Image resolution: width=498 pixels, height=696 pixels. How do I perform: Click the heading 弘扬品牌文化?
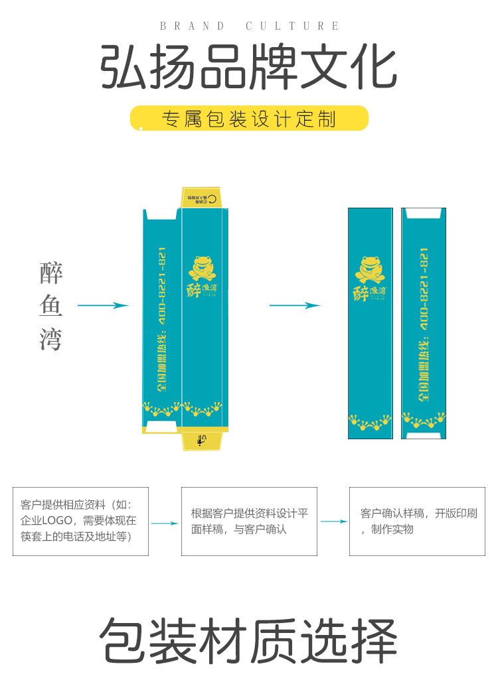pos(249,68)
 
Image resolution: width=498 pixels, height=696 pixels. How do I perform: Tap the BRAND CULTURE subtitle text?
pos(250,26)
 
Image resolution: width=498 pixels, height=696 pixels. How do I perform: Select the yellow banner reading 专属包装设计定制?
pos(249,119)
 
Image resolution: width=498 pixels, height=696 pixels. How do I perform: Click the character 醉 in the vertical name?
pos(51,273)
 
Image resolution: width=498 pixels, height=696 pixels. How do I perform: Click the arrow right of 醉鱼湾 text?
pos(103,305)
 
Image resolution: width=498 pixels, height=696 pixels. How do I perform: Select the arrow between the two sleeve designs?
pos(295,305)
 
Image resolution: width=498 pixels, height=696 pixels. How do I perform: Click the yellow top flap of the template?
pos(202,197)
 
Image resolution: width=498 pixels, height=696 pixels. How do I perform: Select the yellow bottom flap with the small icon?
pos(202,440)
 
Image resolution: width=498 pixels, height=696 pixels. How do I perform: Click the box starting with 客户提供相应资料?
pos(80,521)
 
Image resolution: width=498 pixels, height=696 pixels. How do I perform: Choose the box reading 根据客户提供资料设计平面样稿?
pos(249,521)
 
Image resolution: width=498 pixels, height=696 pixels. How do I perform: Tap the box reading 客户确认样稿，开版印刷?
pos(418,521)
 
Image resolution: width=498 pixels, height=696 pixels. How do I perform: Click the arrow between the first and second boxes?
pos(165,523)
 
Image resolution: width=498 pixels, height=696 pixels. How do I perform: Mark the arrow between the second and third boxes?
pos(333,522)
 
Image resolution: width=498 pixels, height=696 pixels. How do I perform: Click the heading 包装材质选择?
pos(249,641)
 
